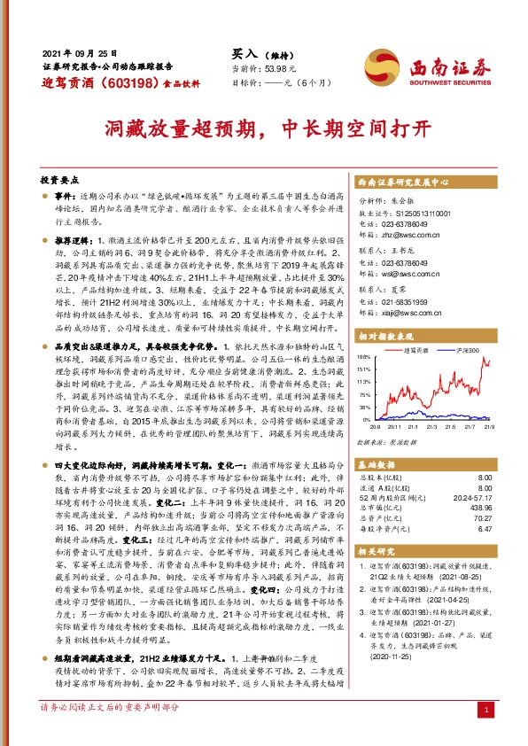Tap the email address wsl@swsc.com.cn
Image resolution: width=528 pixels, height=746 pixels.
point(416,276)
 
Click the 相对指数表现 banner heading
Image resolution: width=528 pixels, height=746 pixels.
point(386,336)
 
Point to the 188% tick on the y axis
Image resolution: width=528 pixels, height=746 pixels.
point(366,358)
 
